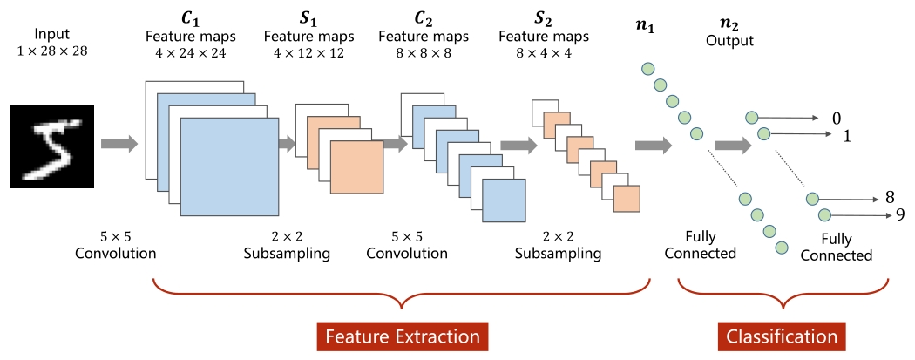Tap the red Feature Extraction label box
click(402, 336)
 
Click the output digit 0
click(837, 118)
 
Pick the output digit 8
click(889, 197)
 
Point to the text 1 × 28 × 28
click(51, 51)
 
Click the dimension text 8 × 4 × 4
click(544, 52)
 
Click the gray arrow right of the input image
click(119, 142)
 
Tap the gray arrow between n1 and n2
click(732, 146)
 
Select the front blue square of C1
click(228, 166)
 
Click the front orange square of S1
click(356, 166)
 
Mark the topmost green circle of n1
click(647, 68)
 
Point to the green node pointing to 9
click(823, 214)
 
